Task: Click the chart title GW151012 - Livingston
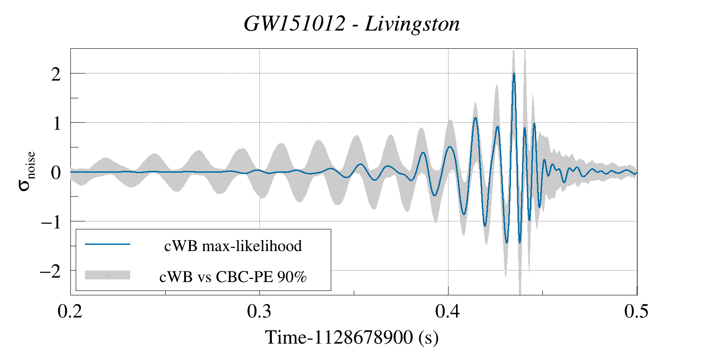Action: click(x=352, y=24)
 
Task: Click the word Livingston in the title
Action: click(x=412, y=24)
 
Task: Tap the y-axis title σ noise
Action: click(x=27, y=171)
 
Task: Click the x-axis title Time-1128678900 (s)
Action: click(x=352, y=337)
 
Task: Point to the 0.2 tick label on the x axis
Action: click(x=70, y=311)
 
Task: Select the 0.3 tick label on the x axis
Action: click(x=259, y=311)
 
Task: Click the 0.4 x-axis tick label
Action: click(x=448, y=311)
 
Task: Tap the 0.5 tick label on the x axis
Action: click(x=636, y=311)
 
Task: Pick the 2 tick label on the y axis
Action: click(x=56, y=74)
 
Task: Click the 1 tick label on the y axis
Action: click(x=57, y=124)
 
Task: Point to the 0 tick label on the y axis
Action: click(x=56, y=173)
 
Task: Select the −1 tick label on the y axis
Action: click(x=51, y=222)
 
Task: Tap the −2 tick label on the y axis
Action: click(x=50, y=271)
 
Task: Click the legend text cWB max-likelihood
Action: click(x=233, y=246)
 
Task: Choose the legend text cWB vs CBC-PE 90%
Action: click(x=233, y=277)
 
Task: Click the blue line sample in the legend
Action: click(x=108, y=244)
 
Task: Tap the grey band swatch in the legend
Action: click(x=108, y=275)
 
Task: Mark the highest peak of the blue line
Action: click(x=514, y=74)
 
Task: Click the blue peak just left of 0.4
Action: click(x=423, y=153)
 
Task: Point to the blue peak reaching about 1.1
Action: click(x=475, y=118)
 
